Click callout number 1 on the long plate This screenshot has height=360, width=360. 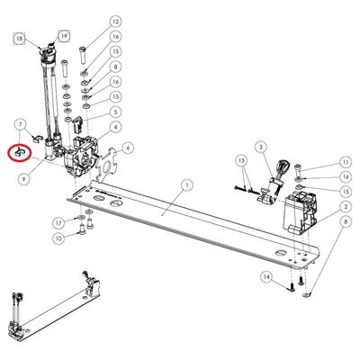tap(186, 186)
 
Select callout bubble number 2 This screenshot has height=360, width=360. tap(346, 207)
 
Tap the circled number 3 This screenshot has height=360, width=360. tap(261, 147)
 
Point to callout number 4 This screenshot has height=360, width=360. tap(115, 127)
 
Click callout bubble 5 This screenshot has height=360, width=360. tap(115, 112)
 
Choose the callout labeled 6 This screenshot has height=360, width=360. tap(128, 148)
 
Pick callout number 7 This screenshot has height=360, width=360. tap(21, 124)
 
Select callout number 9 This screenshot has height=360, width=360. tap(23, 179)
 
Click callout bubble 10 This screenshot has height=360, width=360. tap(58, 238)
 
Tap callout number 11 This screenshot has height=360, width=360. tap(346, 162)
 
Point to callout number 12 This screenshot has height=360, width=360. tap(115, 22)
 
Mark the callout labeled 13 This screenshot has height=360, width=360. tap(242, 160)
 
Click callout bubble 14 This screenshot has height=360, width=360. tap(266, 276)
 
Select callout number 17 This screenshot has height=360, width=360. tap(58, 223)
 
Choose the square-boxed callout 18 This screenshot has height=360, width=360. tap(20, 39)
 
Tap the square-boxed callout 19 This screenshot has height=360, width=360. tap(64, 37)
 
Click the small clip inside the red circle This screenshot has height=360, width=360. tap(19, 153)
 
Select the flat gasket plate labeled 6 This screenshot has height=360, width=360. tap(107, 163)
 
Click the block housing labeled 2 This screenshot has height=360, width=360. tap(300, 212)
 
